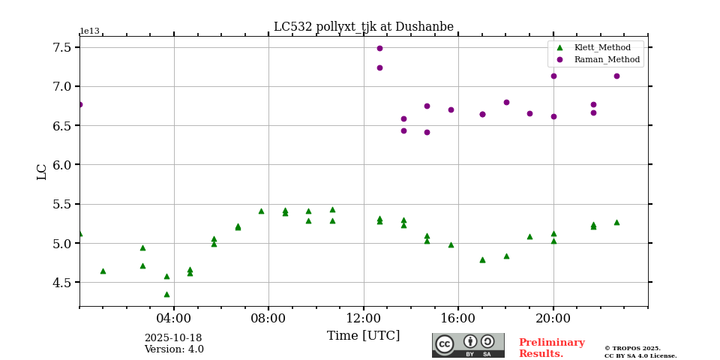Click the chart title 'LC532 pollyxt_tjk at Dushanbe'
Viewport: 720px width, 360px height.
click(363, 27)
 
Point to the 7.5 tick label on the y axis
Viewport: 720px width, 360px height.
click(62, 47)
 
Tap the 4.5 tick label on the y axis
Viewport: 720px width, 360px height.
click(62, 283)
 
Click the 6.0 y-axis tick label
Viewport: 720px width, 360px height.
click(62, 165)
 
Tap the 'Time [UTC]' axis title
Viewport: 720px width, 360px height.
click(363, 336)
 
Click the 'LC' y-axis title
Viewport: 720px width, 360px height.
click(42, 172)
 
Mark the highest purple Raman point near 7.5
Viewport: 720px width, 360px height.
click(379, 48)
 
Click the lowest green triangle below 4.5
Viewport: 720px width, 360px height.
click(166, 294)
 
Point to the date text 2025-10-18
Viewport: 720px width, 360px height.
click(173, 338)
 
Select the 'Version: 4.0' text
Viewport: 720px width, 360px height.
click(174, 349)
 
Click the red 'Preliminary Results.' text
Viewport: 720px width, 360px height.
click(551, 348)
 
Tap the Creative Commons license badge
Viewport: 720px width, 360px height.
click(468, 345)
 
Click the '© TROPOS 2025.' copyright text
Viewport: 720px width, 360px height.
click(633, 348)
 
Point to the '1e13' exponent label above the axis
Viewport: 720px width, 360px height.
click(89, 31)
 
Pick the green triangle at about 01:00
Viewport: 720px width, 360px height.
click(103, 271)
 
